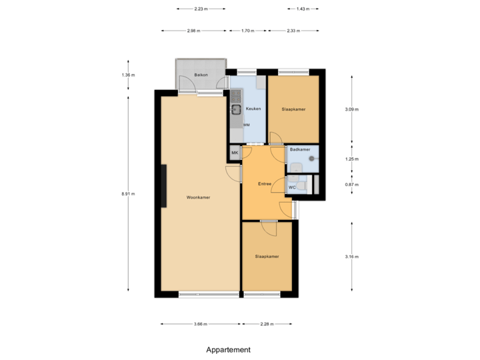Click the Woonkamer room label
(198, 197)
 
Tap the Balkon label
(201, 75)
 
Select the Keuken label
(253, 109)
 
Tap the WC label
(292, 187)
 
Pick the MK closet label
(235, 153)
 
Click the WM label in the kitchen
(247, 125)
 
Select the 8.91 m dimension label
(128, 194)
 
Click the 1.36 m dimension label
(128, 75)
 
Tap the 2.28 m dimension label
(267, 324)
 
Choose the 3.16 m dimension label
(351, 257)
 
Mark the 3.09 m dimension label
(351, 109)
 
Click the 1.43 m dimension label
(303, 9)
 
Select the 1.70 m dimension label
(247, 31)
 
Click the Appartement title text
(229, 349)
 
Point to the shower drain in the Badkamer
(311, 159)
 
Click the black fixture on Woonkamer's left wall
(164, 186)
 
